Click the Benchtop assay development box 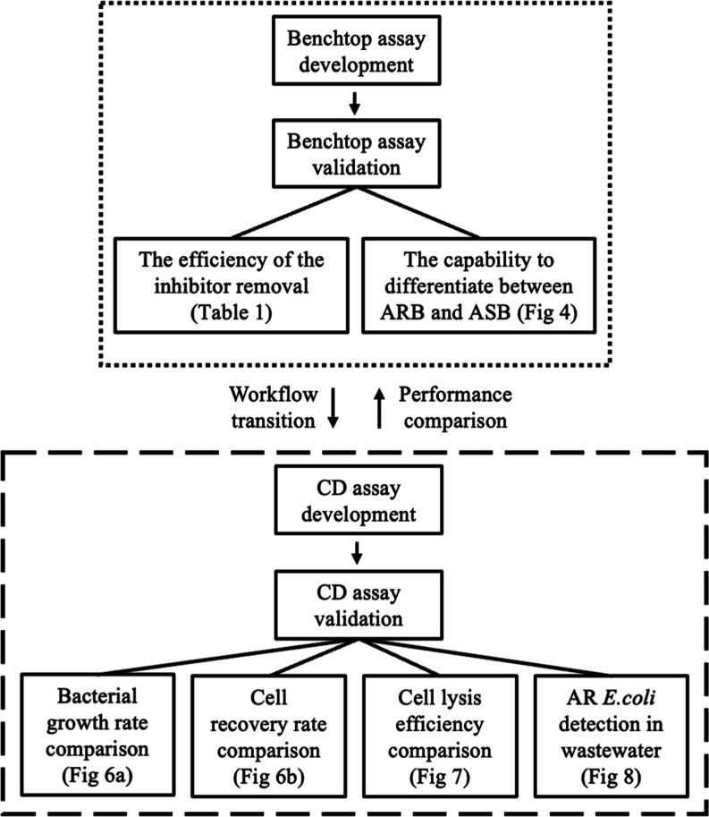[356, 53]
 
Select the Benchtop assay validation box [356, 152]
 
